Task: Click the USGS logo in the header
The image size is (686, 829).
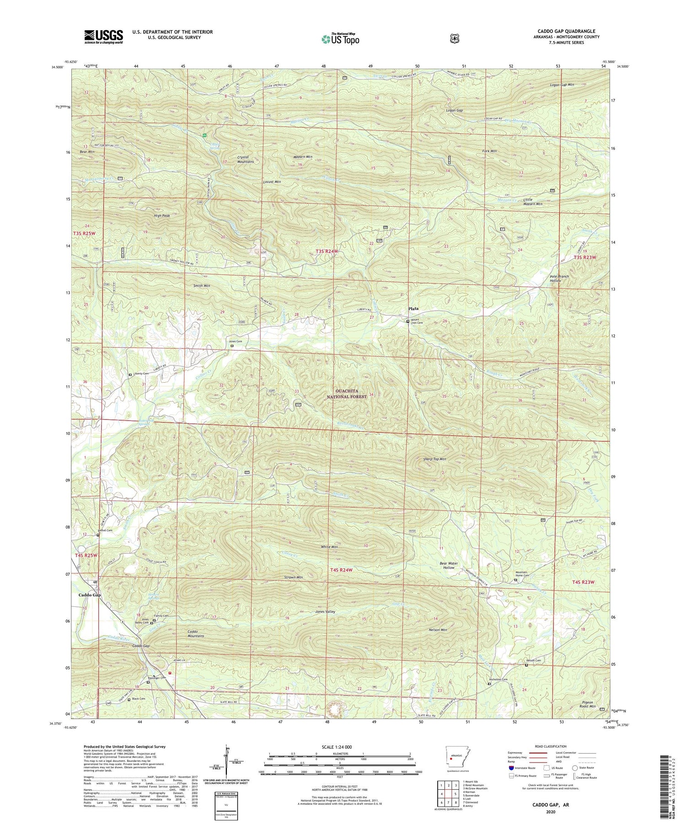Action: click(x=103, y=37)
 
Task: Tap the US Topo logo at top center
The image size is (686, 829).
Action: click(x=340, y=39)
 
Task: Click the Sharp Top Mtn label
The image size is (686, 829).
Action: click(x=431, y=459)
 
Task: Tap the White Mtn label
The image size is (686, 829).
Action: click(x=329, y=547)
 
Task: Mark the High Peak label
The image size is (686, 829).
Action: click(x=162, y=216)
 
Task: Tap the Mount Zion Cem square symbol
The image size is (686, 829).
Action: click(x=408, y=321)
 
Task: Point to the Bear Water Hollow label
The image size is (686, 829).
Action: click(x=449, y=566)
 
